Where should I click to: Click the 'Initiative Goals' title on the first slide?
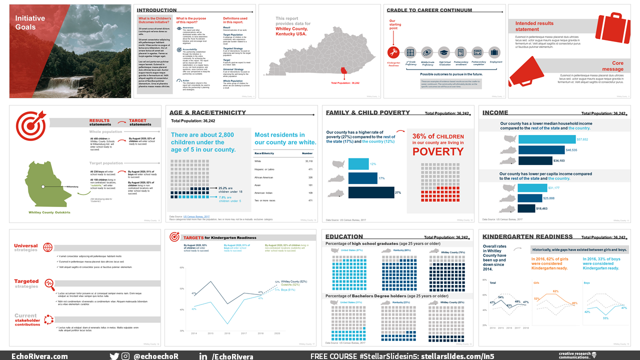[x=30, y=22]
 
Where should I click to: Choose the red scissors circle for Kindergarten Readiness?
[x=394, y=52]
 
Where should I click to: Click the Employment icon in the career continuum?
[x=494, y=52]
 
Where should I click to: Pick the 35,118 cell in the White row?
[x=308, y=161]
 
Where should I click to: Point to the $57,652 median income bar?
[x=547, y=139]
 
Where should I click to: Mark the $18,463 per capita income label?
[x=542, y=208]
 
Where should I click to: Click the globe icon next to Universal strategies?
[x=48, y=247]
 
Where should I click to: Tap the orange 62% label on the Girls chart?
[x=555, y=291]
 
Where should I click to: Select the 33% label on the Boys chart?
[x=605, y=318]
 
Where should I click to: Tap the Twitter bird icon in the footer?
[x=114, y=356]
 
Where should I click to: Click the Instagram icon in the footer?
[x=125, y=356]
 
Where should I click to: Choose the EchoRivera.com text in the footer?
[x=39, y=356]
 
